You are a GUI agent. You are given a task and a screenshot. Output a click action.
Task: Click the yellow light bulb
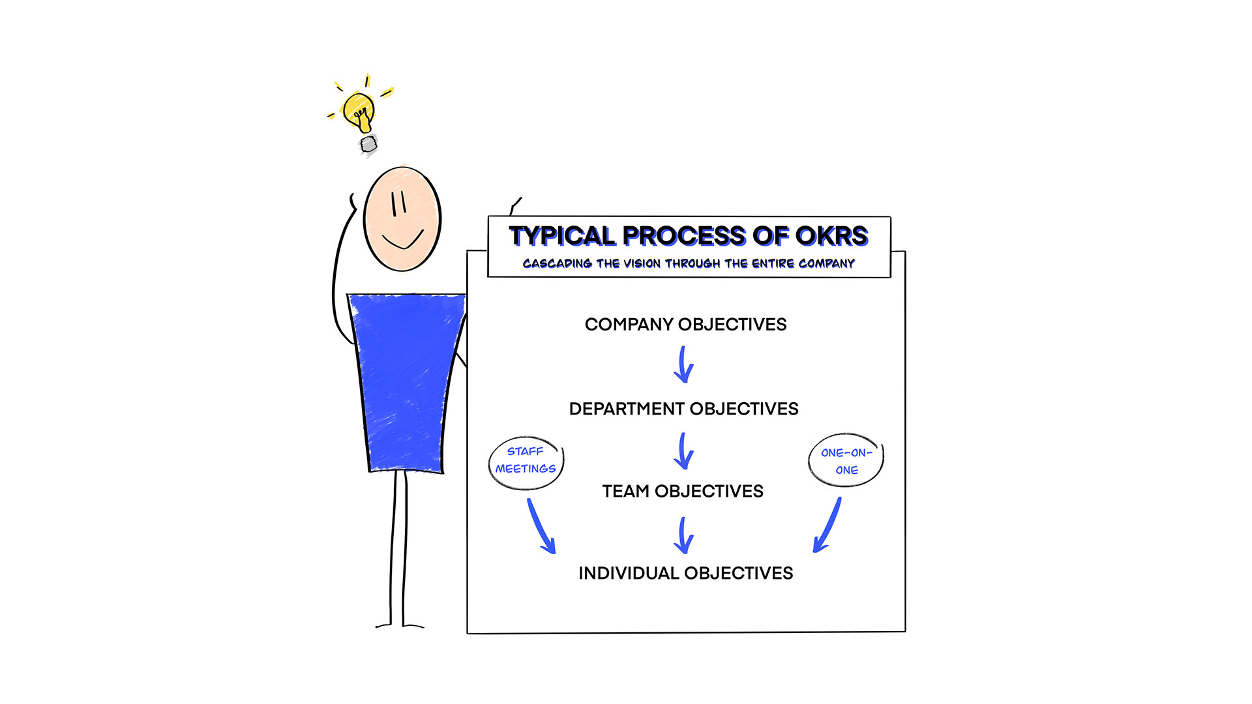pos(359,112)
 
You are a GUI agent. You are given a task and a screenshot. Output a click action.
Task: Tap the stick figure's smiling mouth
pos(403,242)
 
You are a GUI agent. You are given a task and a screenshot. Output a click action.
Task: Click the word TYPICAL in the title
pos(562,236)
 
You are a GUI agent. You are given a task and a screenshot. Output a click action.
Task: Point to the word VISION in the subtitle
pos(642,263)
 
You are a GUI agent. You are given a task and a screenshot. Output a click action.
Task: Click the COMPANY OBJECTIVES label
pos(685,324)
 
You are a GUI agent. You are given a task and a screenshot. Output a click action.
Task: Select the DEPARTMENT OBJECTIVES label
pos(683,409)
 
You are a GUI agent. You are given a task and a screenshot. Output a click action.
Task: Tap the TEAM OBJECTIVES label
pos(683,491)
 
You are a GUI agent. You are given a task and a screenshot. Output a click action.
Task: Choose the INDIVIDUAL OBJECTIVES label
pos(685,573)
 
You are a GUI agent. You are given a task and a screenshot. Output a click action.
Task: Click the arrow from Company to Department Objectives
pos(683,365)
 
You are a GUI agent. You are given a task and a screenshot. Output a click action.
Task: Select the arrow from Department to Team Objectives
pos(683,451)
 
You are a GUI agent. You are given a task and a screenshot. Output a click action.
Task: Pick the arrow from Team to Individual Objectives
pos(683,536)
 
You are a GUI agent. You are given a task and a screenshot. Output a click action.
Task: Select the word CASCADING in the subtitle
pos(558,263)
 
